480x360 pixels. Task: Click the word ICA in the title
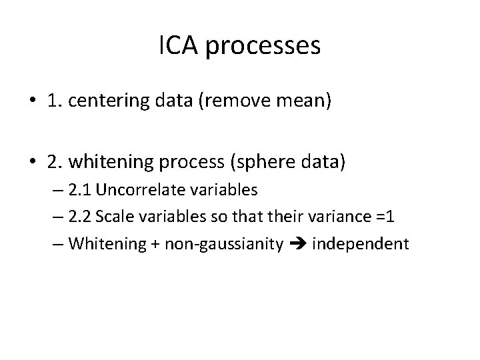point(180,47)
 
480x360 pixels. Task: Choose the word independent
point(360,243)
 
